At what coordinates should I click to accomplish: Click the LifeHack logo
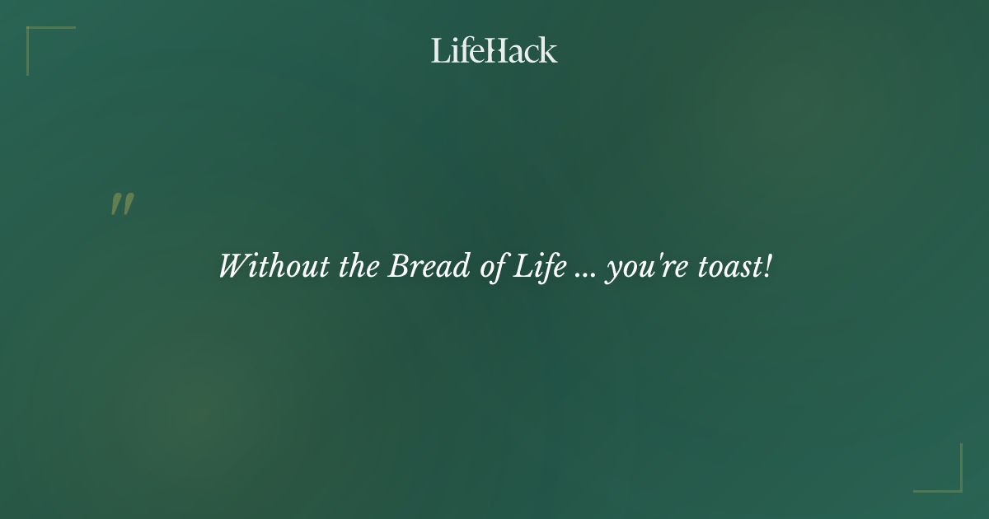pyautogui.click(x=494, y=50)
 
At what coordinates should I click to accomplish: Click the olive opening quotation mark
pyautogui.click(x=122, y=204)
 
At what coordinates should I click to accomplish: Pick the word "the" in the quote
pyautogui.click(x=359, y=267)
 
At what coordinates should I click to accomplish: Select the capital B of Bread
pyautogui.click(x=397, y=267)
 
